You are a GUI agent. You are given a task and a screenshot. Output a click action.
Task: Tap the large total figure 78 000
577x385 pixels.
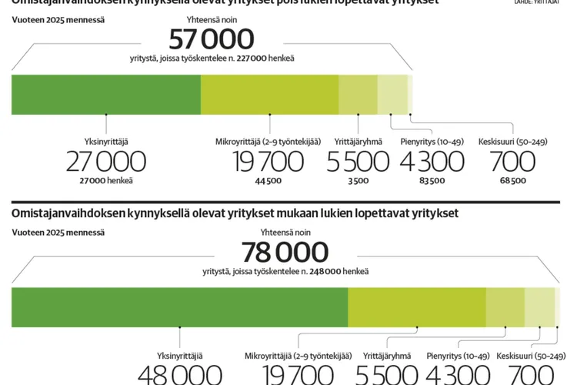285,253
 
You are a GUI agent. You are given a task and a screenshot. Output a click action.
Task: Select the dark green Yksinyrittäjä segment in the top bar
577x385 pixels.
106,95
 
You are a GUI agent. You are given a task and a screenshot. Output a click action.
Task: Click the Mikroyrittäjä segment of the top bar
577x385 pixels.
269,95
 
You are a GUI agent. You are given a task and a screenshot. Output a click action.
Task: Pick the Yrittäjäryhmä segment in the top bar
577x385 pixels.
358,95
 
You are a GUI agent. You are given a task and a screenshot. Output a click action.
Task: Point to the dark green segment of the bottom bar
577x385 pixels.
179,307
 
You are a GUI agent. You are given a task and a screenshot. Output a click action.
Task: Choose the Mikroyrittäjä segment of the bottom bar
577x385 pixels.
416,307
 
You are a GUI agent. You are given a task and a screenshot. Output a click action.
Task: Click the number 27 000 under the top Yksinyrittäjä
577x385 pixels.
105,162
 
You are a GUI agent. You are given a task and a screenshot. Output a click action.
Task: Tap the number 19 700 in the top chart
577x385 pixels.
269,162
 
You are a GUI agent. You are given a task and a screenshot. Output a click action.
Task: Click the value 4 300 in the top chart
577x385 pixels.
432,162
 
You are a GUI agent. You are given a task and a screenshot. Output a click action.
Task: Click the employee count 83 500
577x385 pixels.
432,181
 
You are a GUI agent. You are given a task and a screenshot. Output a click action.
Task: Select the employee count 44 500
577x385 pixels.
268,181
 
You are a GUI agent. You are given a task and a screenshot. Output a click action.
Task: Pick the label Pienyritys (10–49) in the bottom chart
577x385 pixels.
458,356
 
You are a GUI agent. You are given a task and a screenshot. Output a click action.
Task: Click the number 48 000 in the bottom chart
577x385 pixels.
179,375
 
